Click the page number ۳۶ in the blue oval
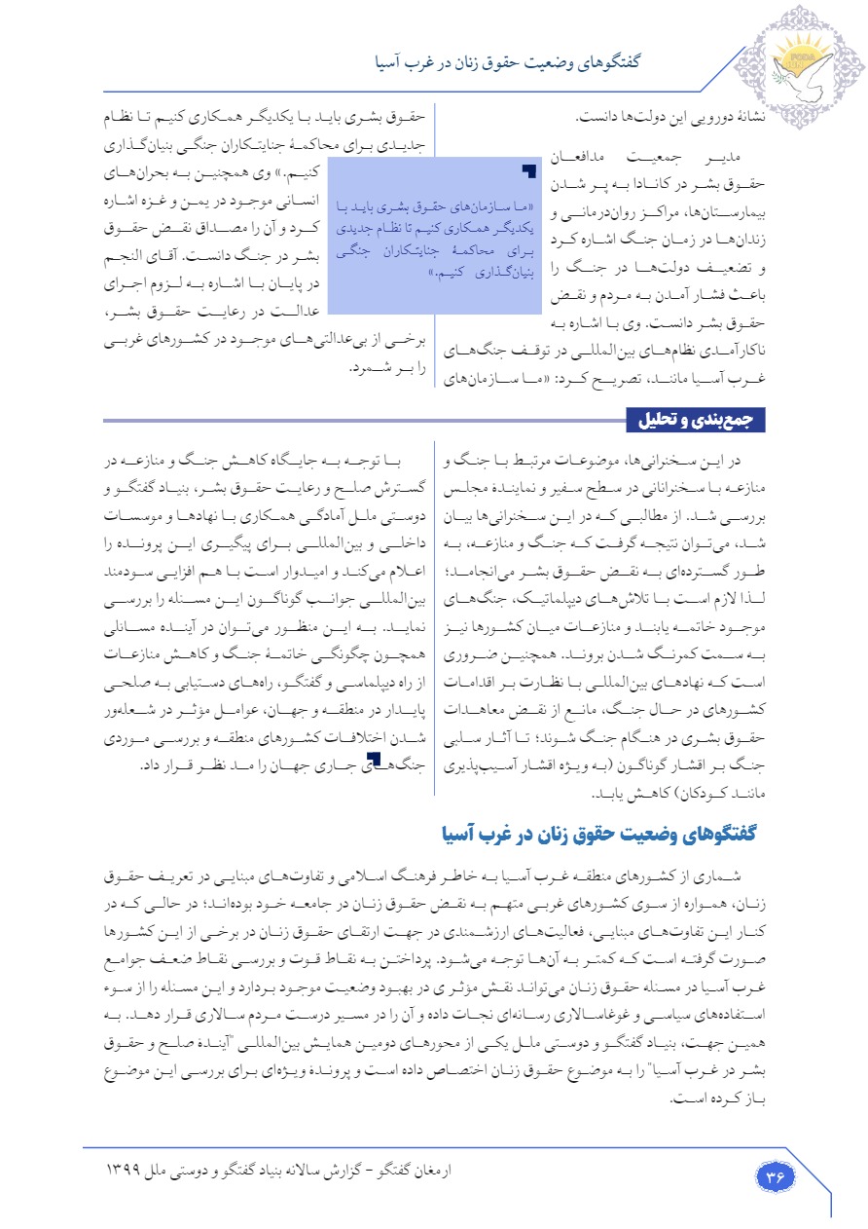(776, 1176)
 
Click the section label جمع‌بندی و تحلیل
(696, 421)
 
